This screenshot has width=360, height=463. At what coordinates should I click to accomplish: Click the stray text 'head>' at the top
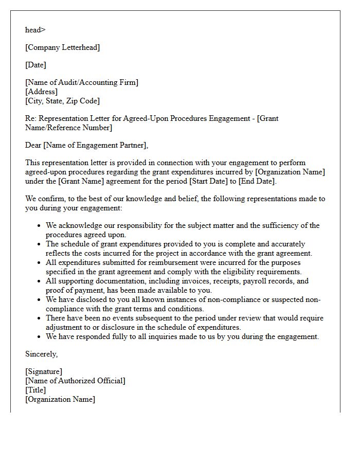(35, 30)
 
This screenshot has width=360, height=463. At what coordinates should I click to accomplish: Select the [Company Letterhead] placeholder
(62, 47)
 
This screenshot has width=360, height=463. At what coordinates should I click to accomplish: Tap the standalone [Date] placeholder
(35, 65)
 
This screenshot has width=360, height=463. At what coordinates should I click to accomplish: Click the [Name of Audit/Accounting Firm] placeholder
(81, 82)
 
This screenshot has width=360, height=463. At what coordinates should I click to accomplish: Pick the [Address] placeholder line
(41, 92)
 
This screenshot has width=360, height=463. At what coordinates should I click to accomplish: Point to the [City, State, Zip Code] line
(62, 101)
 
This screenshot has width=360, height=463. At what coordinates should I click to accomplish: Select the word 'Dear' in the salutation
(33, 145)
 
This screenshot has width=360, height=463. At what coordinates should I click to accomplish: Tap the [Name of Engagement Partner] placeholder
(95, 145)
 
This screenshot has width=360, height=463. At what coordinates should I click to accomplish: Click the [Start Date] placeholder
(208, 181)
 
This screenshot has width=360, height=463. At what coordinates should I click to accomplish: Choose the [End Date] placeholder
(257, 181)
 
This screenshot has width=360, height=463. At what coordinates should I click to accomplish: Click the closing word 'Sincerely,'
(41, 354)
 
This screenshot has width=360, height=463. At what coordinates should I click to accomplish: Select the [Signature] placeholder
(44, 371)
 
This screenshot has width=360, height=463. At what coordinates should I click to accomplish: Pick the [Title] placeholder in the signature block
(35, 390)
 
